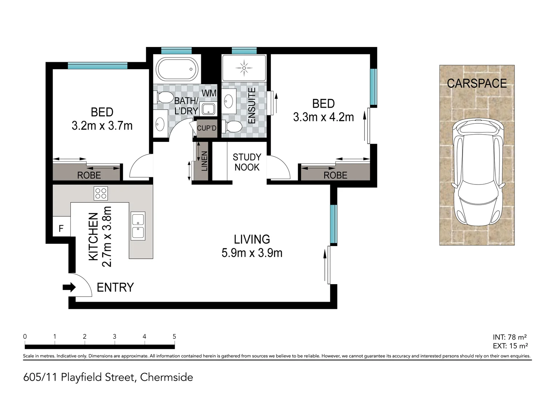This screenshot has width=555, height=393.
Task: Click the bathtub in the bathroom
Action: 177,69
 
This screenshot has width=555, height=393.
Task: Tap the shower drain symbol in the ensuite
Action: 244,68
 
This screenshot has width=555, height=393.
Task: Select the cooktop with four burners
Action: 101,193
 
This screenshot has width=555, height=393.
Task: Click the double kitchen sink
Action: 138,226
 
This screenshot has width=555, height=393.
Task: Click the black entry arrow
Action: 69,287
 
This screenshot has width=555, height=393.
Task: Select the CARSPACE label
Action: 477,83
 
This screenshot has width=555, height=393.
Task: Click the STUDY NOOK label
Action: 247,162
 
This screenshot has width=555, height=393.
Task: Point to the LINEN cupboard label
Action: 204,161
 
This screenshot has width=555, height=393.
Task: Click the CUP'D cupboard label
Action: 207,128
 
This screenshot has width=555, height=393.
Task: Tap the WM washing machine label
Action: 209,94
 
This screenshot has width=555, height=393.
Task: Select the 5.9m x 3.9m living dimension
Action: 252,253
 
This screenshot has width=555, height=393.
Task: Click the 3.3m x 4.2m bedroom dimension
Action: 324,117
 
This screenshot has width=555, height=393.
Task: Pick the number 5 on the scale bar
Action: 174,337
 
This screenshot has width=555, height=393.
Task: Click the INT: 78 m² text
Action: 510,337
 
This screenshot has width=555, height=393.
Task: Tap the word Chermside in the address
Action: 166,377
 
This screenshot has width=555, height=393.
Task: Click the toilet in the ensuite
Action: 232,127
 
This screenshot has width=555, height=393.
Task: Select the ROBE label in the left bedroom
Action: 89,175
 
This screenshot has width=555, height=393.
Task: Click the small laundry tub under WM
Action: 208,110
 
